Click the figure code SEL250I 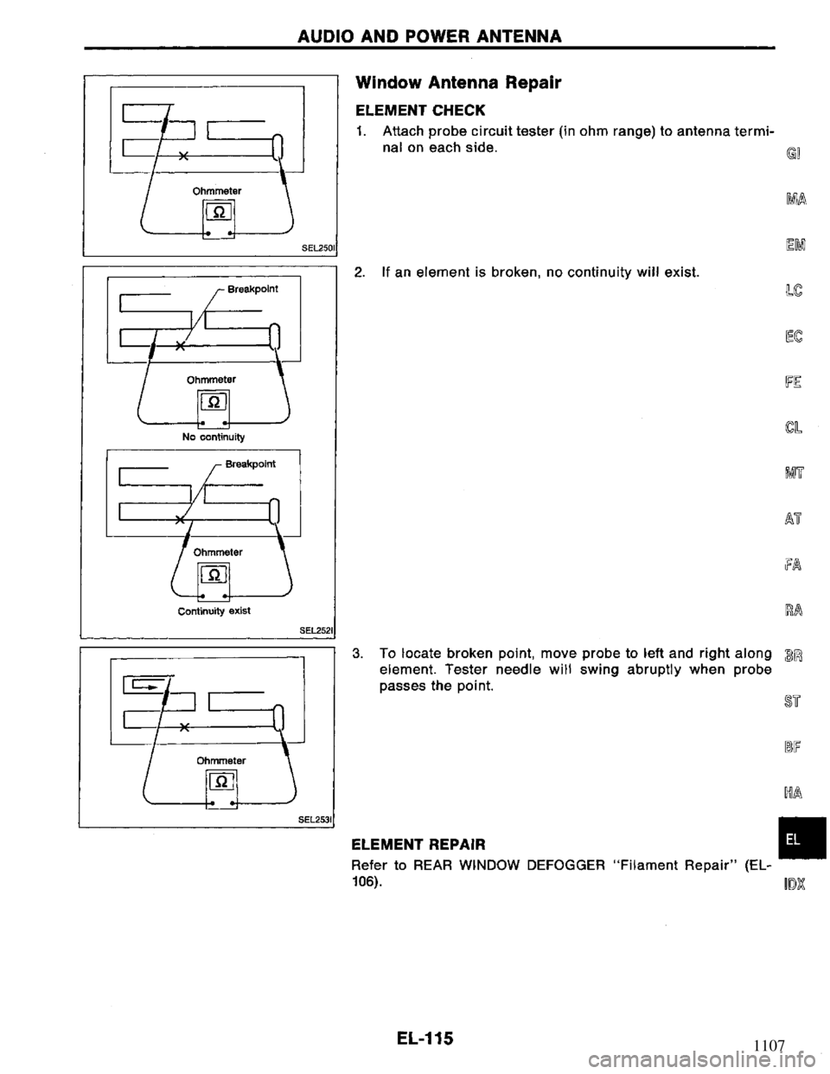(317, 247)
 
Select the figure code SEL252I (317, 629)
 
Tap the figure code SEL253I (317, 818)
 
